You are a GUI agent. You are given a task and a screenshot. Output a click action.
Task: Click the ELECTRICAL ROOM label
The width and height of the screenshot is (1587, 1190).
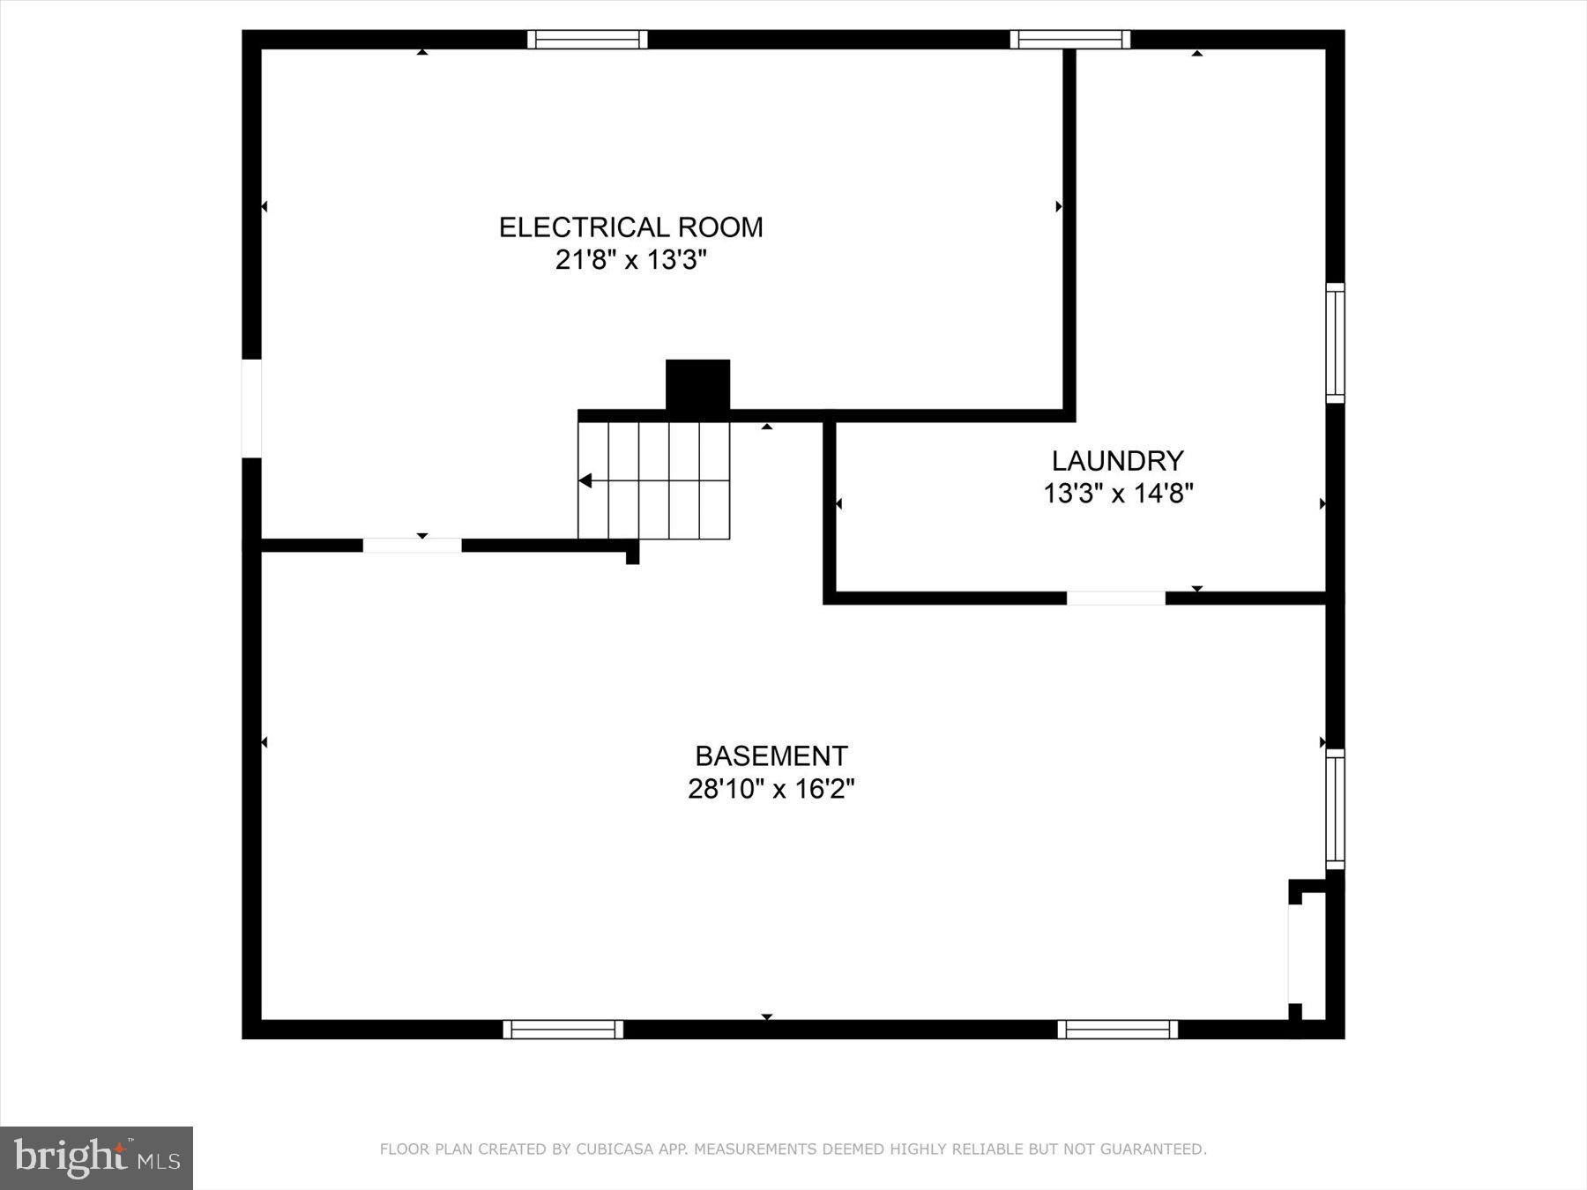(x=630, y=227)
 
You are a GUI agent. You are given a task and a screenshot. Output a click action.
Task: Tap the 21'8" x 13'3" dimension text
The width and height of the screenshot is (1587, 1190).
(x=630, y=261)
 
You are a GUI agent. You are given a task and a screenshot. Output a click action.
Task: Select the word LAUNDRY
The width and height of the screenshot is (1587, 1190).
(x=1117, y=460)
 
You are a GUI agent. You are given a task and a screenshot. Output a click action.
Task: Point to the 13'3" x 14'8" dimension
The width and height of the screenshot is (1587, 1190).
(x=1118, y=494)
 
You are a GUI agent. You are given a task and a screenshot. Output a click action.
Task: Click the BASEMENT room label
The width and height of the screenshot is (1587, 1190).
(x=771, y=756)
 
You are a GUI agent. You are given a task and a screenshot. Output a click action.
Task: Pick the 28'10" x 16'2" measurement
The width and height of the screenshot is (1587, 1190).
(x=771, y=789)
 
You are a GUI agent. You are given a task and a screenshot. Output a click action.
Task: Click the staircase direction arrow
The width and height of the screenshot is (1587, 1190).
(x=585, y=480)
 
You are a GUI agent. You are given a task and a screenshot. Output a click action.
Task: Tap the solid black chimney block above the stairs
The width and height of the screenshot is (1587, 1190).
(x=697, y=385)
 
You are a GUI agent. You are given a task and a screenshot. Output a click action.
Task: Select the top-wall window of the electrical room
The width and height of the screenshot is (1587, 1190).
(x=587, y=40)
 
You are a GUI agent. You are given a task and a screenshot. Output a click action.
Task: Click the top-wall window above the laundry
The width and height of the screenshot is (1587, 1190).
(x=1069, y=40)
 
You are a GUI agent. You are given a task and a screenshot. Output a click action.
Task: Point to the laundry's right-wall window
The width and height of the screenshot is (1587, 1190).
(x=1336, y=343)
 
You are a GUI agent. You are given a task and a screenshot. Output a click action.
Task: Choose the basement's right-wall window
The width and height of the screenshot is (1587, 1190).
(x=1336, y=809)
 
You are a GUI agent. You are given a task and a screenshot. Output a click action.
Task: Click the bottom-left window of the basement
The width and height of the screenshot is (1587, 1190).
(x=563, y=1030)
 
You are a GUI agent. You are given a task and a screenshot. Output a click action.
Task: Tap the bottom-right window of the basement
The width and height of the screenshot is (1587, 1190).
(x=1117, y=1030)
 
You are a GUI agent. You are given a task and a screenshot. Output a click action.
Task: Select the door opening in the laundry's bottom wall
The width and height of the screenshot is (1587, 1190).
(x=1115, y=599)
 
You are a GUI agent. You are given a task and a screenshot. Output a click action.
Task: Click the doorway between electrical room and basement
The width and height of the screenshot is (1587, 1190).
(x=412, y=546)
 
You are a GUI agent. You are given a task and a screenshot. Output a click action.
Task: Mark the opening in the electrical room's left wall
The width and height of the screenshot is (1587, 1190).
(x=251, y=408)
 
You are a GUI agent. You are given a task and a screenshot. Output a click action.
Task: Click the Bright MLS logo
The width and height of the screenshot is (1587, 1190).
(x=96, y=1157)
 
